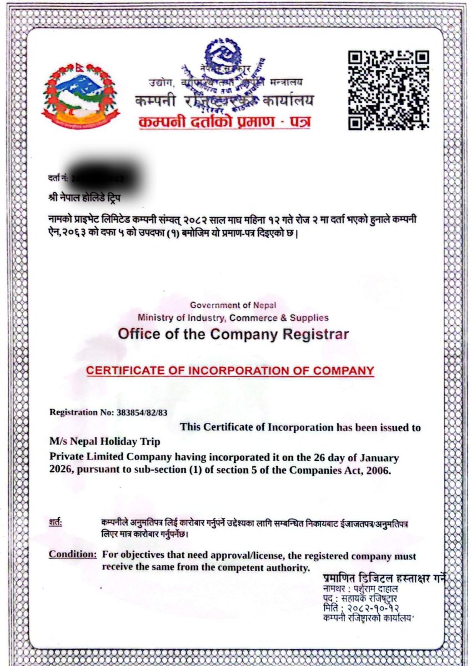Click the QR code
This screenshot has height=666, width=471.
pos(388,90)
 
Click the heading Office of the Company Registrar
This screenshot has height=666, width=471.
pos(233,335)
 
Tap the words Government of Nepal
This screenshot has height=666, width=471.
pos(233,305)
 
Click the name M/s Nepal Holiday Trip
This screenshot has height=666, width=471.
pos(105,442)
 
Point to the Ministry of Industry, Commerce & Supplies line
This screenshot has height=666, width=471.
pos(233,318)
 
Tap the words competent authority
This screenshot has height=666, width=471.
pos(259,568)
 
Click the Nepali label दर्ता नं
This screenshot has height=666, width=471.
pos(58,178)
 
